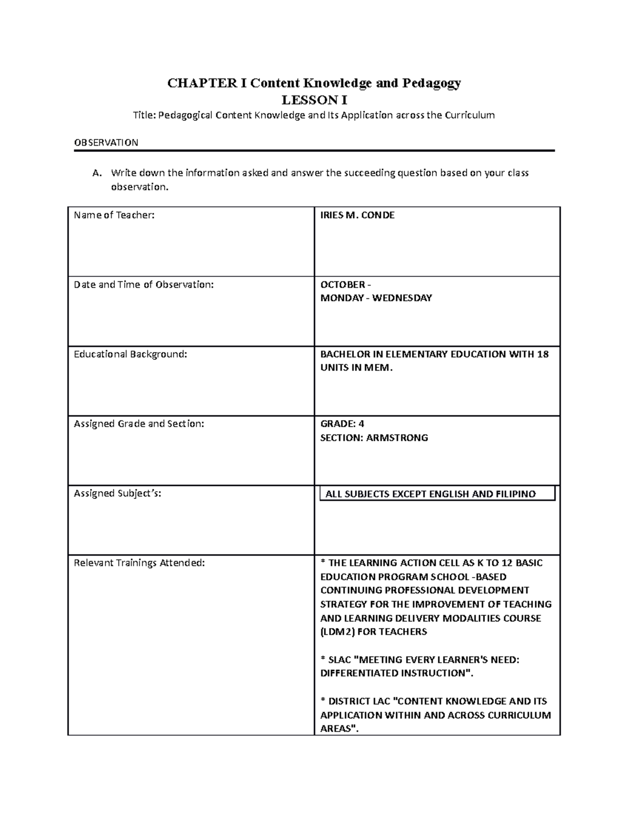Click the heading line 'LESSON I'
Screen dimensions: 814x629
(314, 100)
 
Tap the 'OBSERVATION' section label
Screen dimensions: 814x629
(106, 143)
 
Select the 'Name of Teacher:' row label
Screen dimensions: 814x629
(114, 215)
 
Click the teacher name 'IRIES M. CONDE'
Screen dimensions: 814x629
(357, 215)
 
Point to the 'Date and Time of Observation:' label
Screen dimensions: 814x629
(144, 285)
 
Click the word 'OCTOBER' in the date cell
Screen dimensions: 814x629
(343, 285)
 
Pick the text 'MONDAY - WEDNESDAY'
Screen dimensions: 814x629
(376, 298)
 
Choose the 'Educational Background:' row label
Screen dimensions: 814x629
(130, 354)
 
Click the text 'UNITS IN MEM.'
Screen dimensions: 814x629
(356, 368)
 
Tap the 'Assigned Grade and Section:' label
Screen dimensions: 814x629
(139, 424)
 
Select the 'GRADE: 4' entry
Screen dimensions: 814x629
(342, 424)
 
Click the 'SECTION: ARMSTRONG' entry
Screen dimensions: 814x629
(374, 438)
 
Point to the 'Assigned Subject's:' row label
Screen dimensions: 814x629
(117, 493)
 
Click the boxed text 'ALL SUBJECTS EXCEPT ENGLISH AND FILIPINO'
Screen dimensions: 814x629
(430, 494)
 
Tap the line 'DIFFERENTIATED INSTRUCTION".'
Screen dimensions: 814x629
(396, 674)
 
